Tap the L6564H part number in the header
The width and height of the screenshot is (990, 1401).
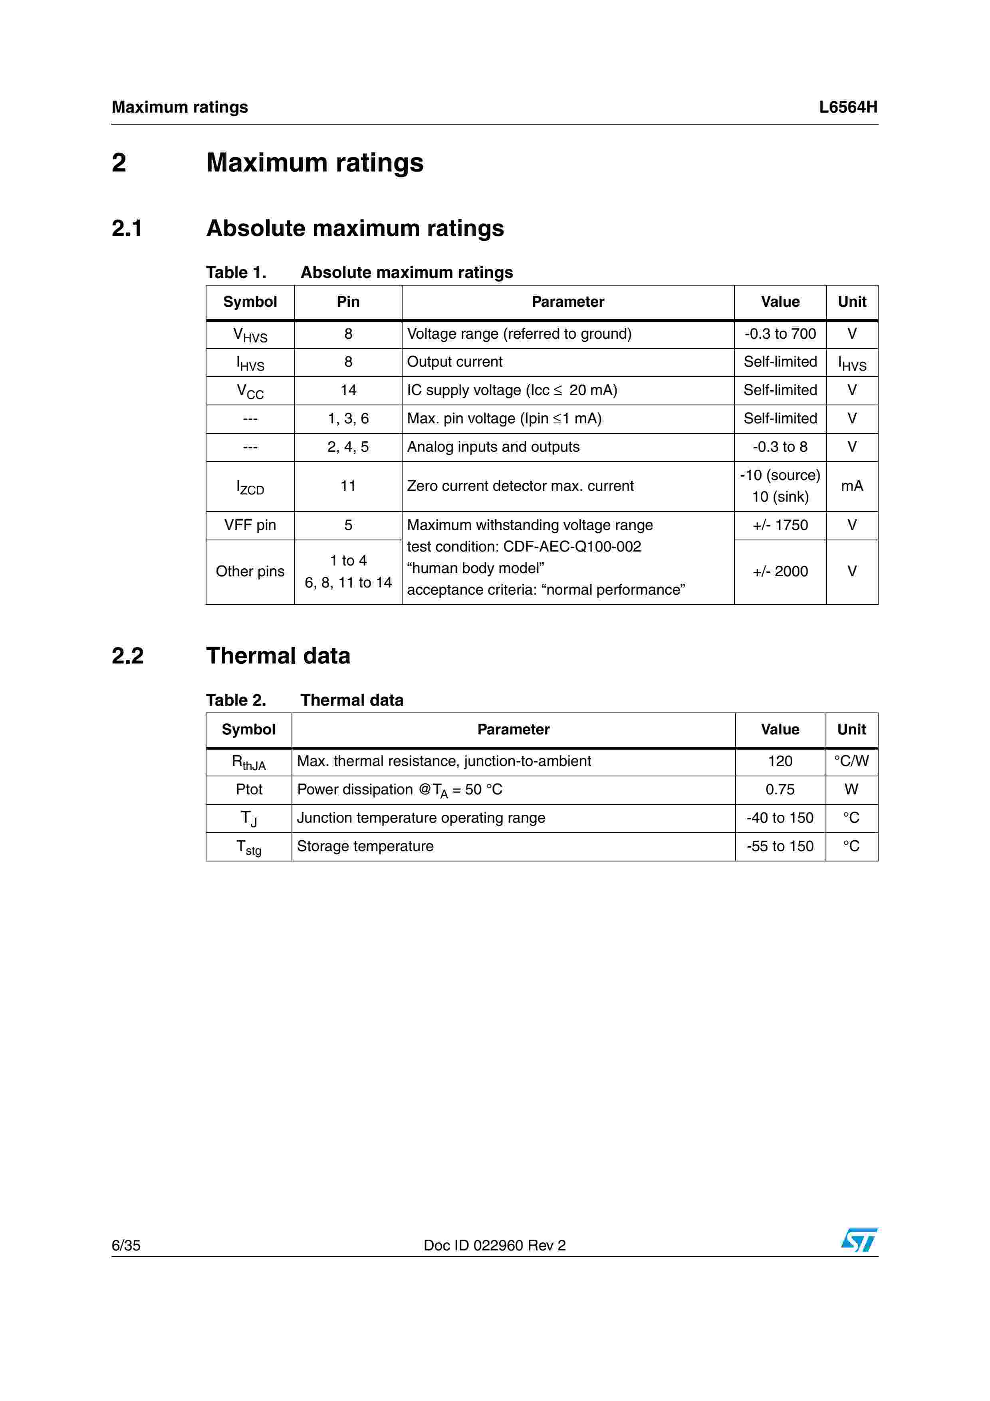847,107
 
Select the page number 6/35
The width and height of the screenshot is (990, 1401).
126,1245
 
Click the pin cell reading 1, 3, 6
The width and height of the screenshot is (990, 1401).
348,419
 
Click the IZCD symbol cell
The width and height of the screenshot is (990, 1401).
250,487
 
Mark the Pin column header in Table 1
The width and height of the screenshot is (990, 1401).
348,302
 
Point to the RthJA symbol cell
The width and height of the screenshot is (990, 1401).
249,762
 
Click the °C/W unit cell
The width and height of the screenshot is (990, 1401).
851,761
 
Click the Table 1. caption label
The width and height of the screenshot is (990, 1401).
236,273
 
